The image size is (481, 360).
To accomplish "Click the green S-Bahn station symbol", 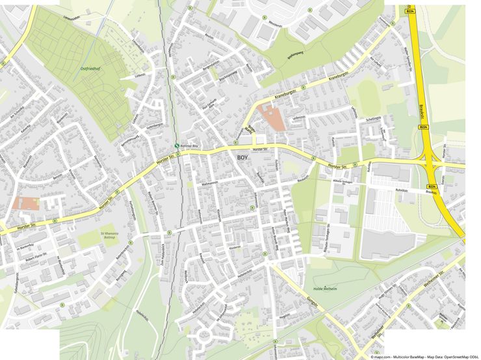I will coord(177,146).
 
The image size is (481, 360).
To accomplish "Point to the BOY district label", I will coord(242,158).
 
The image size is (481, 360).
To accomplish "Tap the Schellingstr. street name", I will coord(373,119).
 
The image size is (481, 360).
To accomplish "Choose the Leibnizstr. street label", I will coord(354,114).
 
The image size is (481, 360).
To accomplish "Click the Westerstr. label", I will coord(274,24).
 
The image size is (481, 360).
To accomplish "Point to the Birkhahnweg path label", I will coord(296,54).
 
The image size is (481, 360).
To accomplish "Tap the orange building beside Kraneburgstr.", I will coord(270,116).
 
